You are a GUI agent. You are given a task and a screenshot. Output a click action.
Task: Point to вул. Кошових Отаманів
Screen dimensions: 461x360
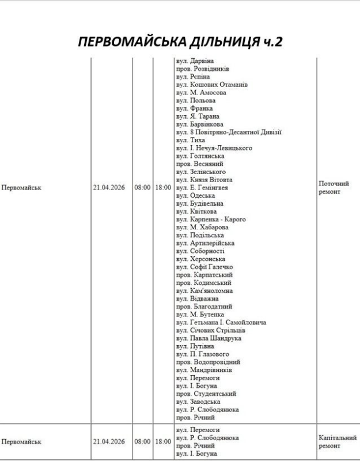211,84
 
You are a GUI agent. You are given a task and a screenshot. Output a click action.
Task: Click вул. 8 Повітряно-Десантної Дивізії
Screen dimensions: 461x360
228,132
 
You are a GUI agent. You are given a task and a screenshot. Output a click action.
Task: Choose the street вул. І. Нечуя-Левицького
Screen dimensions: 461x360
214,148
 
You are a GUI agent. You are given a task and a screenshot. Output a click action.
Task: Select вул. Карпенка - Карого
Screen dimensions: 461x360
211,220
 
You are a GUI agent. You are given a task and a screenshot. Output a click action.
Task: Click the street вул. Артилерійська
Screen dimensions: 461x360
204,243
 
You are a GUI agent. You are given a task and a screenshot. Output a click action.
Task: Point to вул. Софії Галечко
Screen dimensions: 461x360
204,267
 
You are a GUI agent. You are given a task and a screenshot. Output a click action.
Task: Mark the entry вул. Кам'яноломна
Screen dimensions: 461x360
204,291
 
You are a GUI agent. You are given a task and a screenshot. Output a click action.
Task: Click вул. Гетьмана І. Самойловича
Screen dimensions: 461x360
221,323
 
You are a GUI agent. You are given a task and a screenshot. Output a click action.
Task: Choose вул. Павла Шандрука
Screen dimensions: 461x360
207,338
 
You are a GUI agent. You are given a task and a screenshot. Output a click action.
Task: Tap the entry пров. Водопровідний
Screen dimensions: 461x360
207,362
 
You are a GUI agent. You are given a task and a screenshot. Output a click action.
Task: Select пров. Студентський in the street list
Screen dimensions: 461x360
204,394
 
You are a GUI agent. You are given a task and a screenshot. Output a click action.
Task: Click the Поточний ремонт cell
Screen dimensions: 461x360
334,187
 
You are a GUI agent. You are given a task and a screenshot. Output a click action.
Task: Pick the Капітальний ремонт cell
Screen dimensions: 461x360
338,442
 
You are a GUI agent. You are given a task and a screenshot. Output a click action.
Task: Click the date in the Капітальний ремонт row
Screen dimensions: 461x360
109,442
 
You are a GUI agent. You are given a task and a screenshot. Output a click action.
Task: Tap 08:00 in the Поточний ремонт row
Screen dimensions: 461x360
142,188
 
